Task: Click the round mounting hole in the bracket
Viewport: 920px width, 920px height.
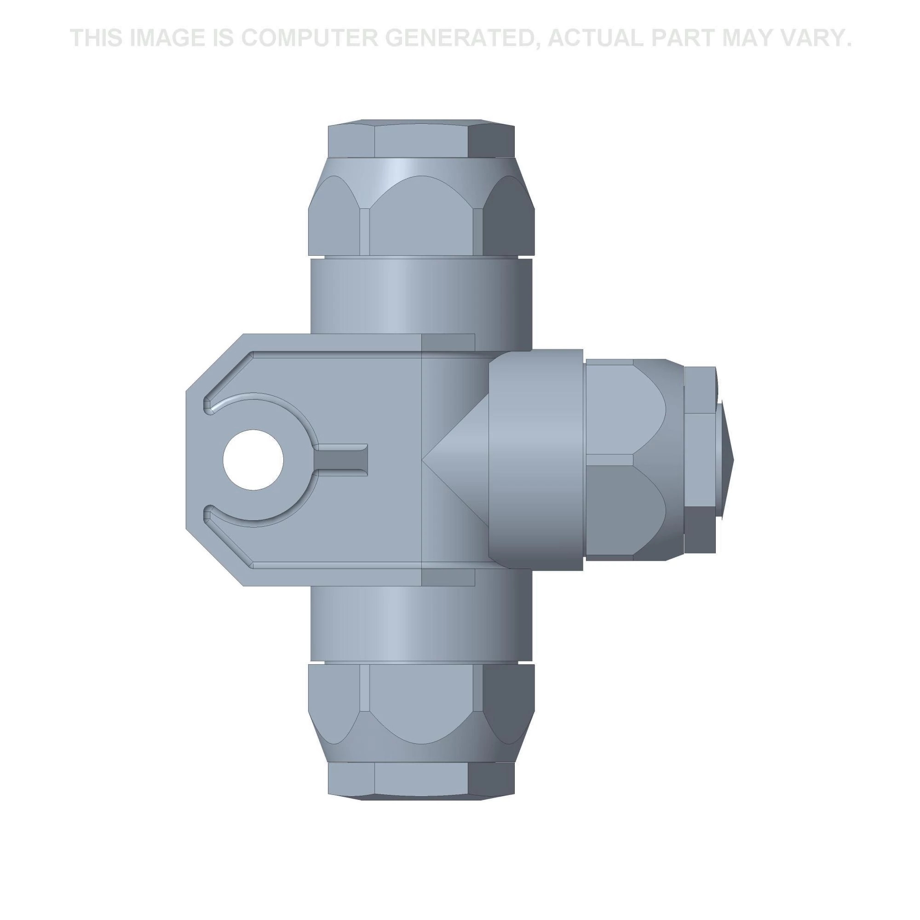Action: (x=253, y=460)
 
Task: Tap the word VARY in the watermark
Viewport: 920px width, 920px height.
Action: (x=816, y=38)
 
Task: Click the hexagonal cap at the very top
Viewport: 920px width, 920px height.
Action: (x=421, y=140)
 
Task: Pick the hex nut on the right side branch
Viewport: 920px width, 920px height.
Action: (x=633, y=460)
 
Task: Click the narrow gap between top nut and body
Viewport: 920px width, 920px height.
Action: (x=421, y=258)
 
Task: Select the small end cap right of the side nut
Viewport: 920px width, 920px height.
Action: (x=700, y=460)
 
